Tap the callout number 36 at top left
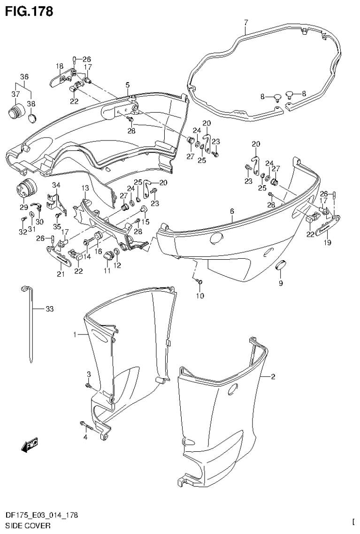24,77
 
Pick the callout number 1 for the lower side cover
75,334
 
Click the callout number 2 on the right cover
273,377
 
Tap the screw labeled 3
88,385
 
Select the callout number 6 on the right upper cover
232,212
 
